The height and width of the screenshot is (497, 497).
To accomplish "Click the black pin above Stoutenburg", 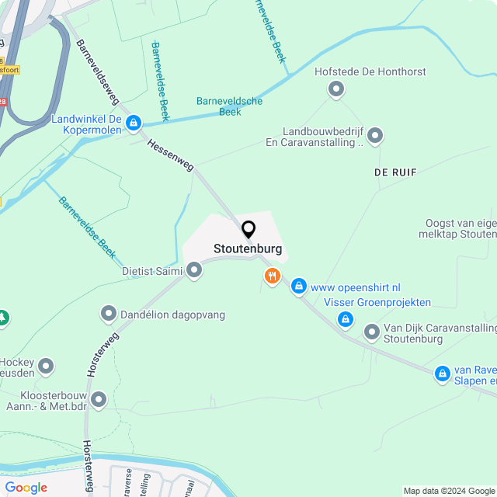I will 248,230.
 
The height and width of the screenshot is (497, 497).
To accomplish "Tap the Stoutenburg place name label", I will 248,250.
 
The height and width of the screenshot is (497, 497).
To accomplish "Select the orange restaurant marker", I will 272,276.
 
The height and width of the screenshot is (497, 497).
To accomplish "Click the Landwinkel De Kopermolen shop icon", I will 134,123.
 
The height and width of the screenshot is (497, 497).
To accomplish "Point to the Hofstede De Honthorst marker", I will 335,90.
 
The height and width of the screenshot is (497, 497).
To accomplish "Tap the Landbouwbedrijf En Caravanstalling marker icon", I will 375,137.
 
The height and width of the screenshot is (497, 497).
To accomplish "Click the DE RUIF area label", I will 394,172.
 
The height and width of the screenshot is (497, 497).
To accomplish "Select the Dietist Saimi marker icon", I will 194,270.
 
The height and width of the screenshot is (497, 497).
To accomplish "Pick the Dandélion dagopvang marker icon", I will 109,315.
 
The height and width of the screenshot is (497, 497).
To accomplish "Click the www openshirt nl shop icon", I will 298,287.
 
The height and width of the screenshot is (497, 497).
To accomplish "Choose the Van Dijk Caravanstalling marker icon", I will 372,332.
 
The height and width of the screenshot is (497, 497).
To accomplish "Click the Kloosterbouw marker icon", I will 99,400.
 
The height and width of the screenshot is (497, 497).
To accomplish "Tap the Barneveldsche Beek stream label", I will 230,106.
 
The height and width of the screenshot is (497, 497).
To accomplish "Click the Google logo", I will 26,488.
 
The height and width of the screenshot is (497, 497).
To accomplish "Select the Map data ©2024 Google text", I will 449,491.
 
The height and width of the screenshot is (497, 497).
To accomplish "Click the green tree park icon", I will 2,318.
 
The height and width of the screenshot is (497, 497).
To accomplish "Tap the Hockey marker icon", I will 47,365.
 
